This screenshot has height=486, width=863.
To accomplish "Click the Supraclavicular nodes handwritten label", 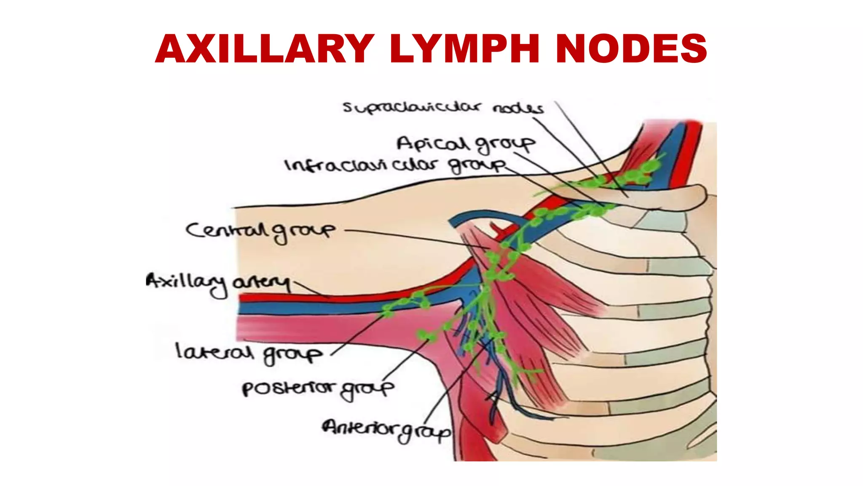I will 442,108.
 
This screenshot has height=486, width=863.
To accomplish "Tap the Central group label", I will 260,231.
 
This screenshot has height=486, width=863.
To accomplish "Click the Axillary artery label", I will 218,283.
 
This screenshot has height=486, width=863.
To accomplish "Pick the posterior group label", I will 318,389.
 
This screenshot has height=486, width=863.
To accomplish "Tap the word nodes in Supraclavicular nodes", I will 517,109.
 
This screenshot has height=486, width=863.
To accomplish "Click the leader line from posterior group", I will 405,359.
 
